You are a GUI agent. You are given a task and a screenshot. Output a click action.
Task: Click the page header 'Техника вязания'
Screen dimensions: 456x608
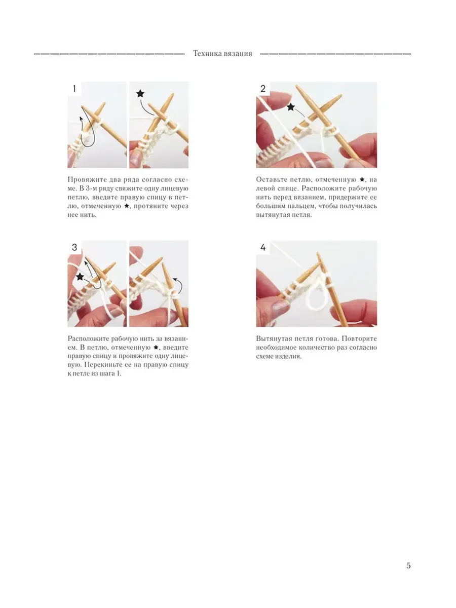click(222, 54)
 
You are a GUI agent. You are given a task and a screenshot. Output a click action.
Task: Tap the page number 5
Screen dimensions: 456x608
click(408, 565)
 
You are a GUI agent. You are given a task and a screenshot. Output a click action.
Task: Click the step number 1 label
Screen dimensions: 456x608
click(74, 89)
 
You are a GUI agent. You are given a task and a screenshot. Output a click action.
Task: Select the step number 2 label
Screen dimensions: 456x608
click(263, 89)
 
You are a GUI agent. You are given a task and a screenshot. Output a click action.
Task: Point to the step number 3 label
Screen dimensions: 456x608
click(74, 247)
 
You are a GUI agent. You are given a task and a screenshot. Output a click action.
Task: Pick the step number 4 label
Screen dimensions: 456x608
click(263, 247)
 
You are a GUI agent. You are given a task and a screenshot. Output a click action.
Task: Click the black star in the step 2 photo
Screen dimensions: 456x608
click(290, 107)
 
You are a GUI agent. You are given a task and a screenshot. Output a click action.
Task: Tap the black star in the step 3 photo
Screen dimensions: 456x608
click(80, 277)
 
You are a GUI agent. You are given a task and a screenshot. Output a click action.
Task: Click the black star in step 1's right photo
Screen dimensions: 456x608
click(140, 94)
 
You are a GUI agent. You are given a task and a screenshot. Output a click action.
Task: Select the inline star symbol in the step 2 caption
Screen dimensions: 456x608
click(362, 179)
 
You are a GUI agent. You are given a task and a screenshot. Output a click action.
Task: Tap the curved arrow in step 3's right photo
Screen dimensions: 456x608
click(179, 285)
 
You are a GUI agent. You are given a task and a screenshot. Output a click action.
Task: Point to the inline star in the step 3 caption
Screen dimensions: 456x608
click(156, 348)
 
